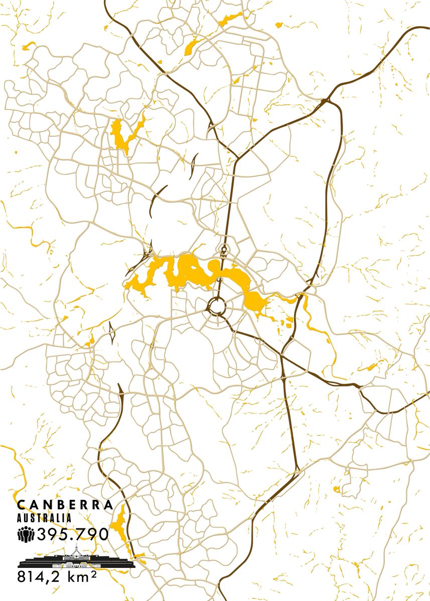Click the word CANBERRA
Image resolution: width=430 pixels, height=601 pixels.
[65, 504]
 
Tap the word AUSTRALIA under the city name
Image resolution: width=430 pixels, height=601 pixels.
[44, 518]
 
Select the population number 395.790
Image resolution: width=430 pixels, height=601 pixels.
[72, 534]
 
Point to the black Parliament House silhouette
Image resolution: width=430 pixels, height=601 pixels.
[77, 561]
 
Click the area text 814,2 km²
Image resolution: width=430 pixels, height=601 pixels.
[57, 576]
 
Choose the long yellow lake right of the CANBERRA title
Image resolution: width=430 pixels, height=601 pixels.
[119, 526]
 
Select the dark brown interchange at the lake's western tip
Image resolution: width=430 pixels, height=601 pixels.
[149, 247]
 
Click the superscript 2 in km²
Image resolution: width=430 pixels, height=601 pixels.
[93, 572]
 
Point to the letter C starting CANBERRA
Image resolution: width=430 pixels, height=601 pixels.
[20, 504]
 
